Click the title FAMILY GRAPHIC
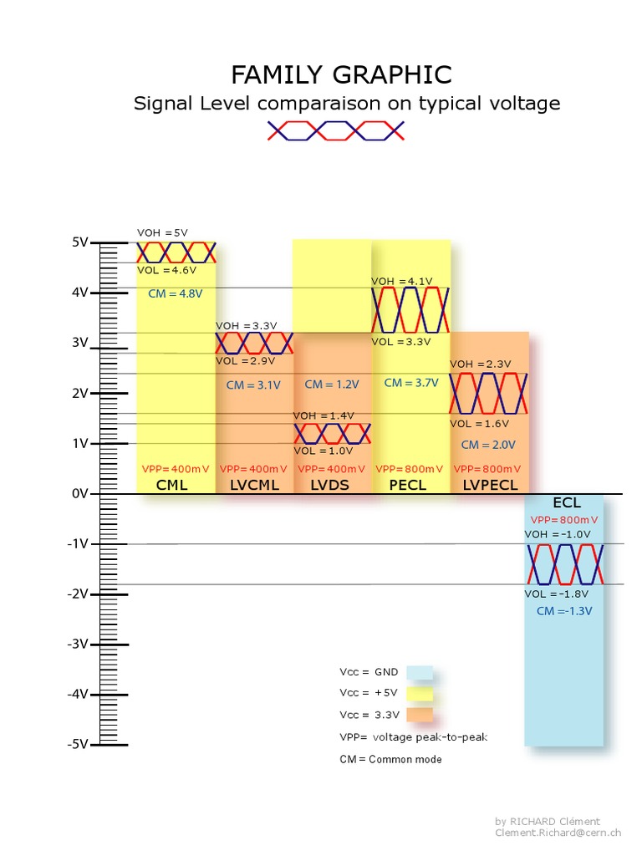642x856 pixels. [341, 75]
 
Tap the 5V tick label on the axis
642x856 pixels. [80, 242]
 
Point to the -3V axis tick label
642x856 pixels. [79, 644]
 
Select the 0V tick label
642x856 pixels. [80, 494]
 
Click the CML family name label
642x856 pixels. [172, 485]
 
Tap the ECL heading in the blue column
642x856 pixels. [566, 503]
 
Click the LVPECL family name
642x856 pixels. [490, 485]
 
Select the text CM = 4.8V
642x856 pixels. [176, 293]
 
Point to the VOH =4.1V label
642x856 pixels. [400, 281]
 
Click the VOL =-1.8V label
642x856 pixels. [557, 594]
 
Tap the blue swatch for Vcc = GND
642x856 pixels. [420, 672]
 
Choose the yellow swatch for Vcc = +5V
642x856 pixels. [420, 693]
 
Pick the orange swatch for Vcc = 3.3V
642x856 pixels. [420, 715]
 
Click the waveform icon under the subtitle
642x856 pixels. [336, 130]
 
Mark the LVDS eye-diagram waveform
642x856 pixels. [332, 433]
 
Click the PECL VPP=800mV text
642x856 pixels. [410, 469]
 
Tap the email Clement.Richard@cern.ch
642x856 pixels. [558, 833]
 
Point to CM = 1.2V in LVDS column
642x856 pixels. [331, 385]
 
